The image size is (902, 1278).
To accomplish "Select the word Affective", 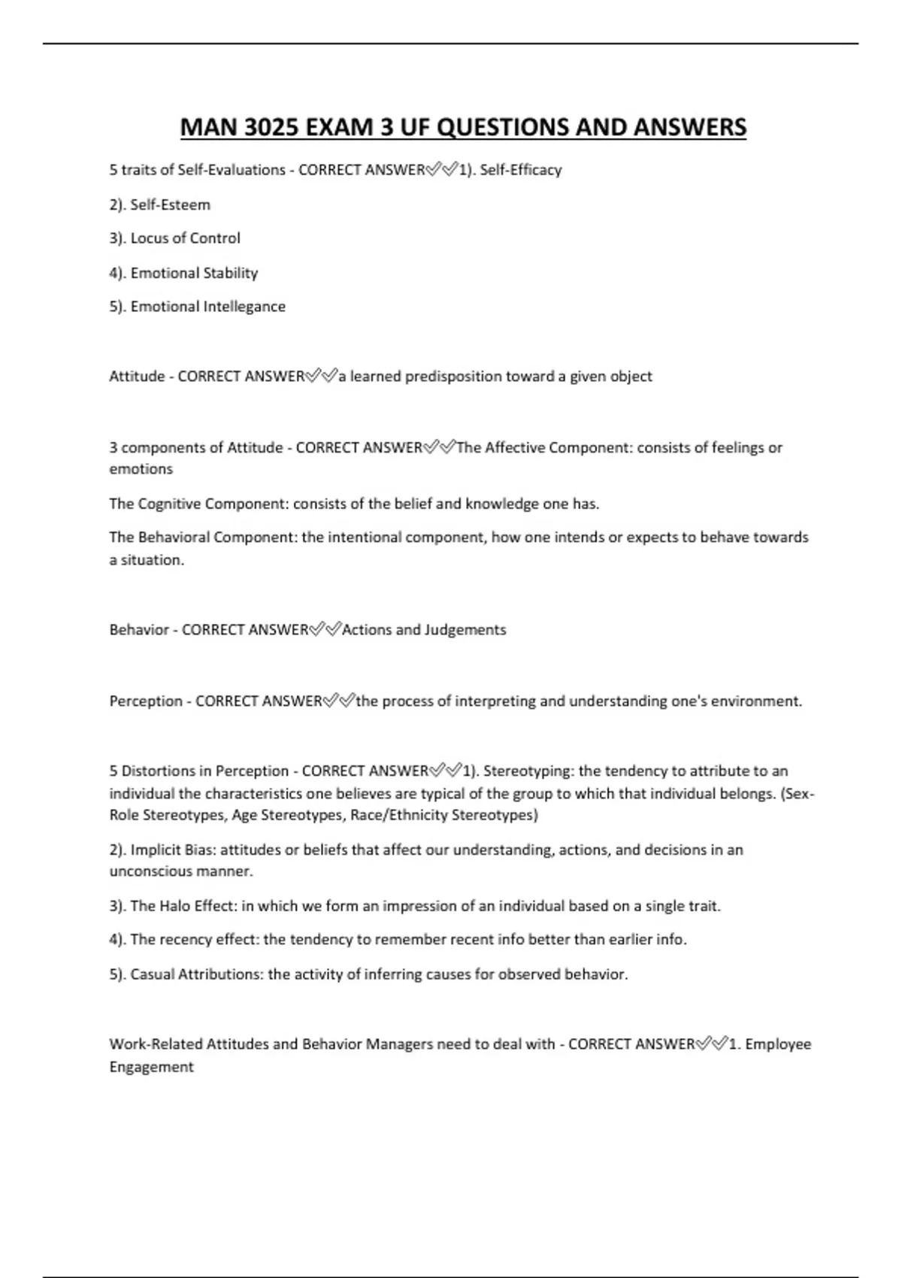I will tap(515, 448).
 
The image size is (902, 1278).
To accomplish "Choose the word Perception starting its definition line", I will tap(146, 701).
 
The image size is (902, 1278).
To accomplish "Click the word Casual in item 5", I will tap(153, 974).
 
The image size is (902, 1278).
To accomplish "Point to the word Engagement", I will tap(151, 1067).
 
